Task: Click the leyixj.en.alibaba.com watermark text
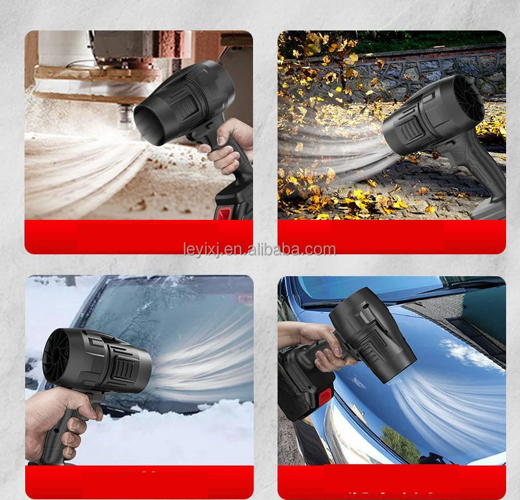click(x=260, y=250)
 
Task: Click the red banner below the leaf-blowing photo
click(x=391, y=236)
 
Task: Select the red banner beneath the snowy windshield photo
click(x=139, y=481)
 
